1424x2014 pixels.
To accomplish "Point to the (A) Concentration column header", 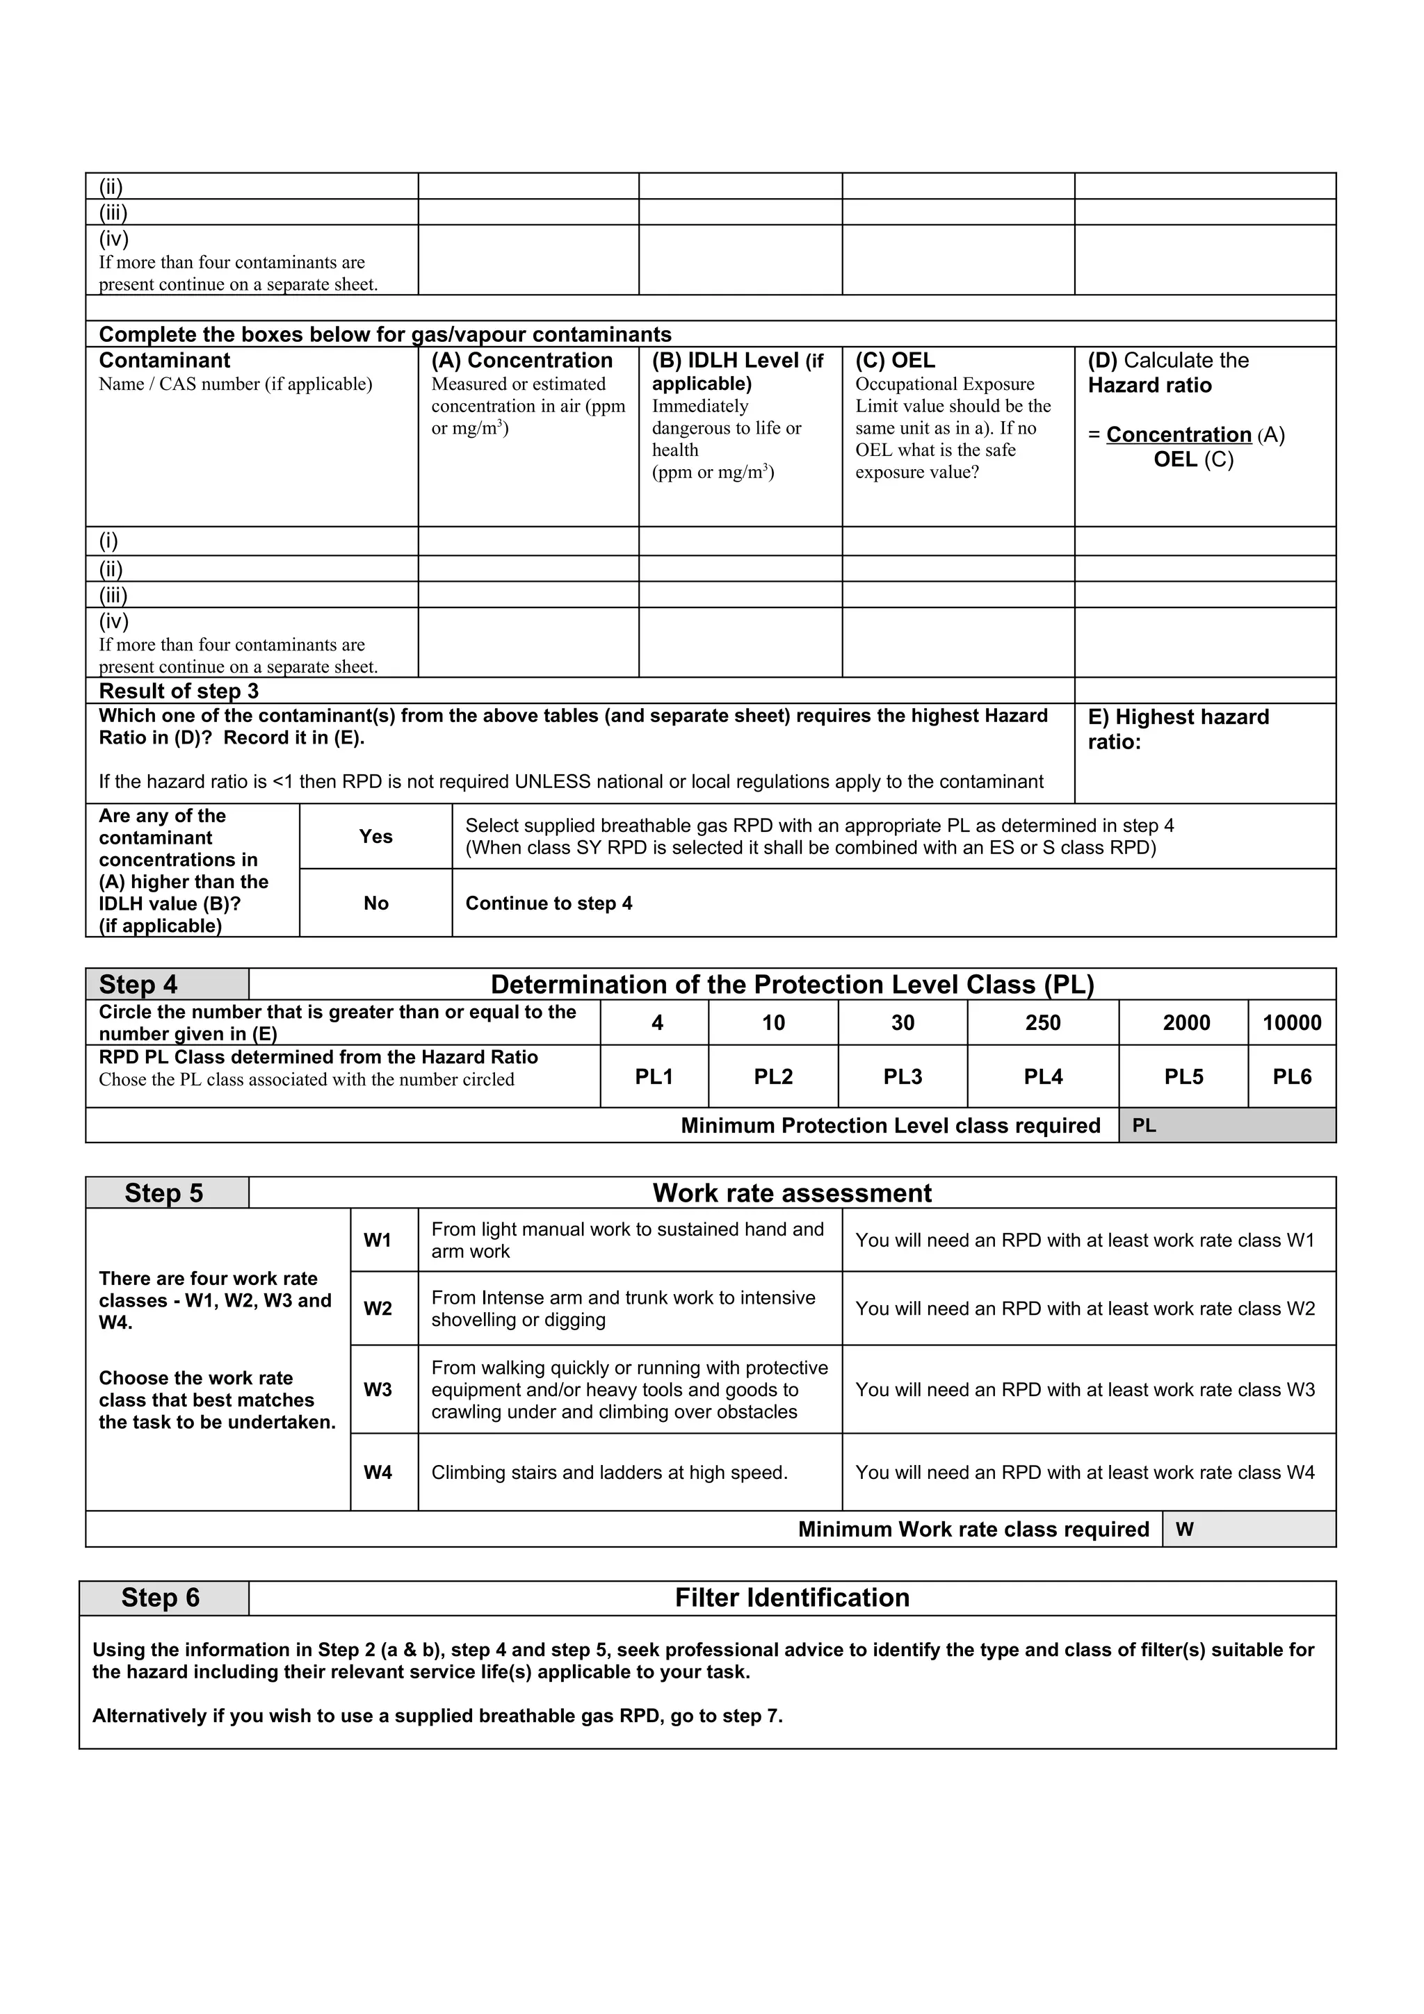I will pyautogui.click(x=522, y=361).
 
